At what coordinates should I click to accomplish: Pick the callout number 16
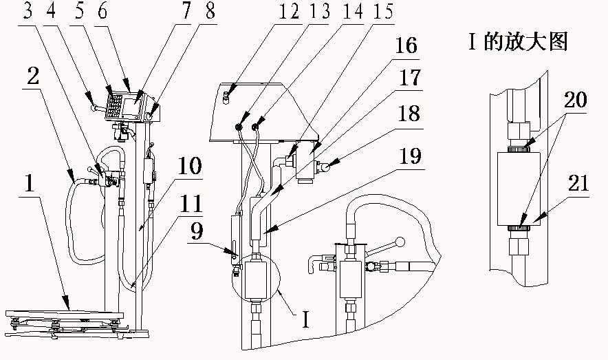tap(406, 47)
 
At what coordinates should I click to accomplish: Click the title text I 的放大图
tap(517, 42)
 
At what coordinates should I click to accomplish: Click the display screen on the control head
tap(131, 105)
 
